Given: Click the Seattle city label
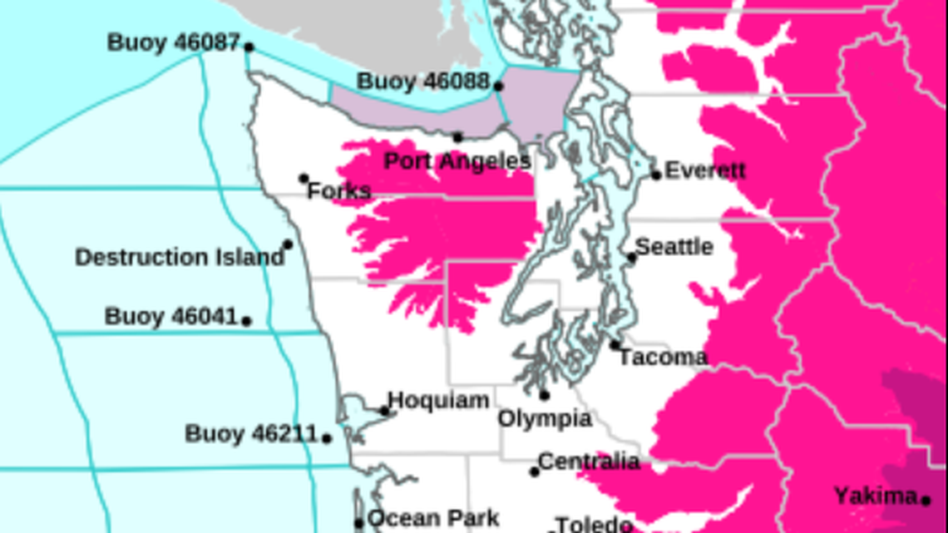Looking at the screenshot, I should (x=674, y=247).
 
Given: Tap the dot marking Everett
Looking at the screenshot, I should (x=656, y=175).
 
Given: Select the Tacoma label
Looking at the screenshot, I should (x=663, y=358).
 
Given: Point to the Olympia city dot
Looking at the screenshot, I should (x=545, y=395).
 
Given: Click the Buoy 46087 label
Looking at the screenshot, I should (x=173, y=42).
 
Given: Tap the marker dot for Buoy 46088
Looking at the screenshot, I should (x=498, y=86).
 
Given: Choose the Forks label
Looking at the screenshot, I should (x=339, y=191).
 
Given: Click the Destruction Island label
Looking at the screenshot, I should (x=180, y=257).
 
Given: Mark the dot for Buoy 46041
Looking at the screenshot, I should (x=246, y=320).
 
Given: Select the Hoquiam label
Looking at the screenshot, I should (x=438, y=400).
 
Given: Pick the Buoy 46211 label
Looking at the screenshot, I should (x=251, y=434).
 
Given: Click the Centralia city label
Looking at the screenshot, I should (x=589, y=461).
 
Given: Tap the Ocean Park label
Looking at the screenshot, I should (x=433, y=519).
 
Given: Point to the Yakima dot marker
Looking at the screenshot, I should (x=926, y=500).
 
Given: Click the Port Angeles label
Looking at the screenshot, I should (x=457, y=161).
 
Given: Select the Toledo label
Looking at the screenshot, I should (x=594, y=525).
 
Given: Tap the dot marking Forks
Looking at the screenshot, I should (x=304, y=178).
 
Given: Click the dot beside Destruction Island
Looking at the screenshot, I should (x=288, y=244).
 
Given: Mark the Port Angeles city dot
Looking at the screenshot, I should (x=457, y=137).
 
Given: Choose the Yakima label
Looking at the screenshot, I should (x=875, y=496).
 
